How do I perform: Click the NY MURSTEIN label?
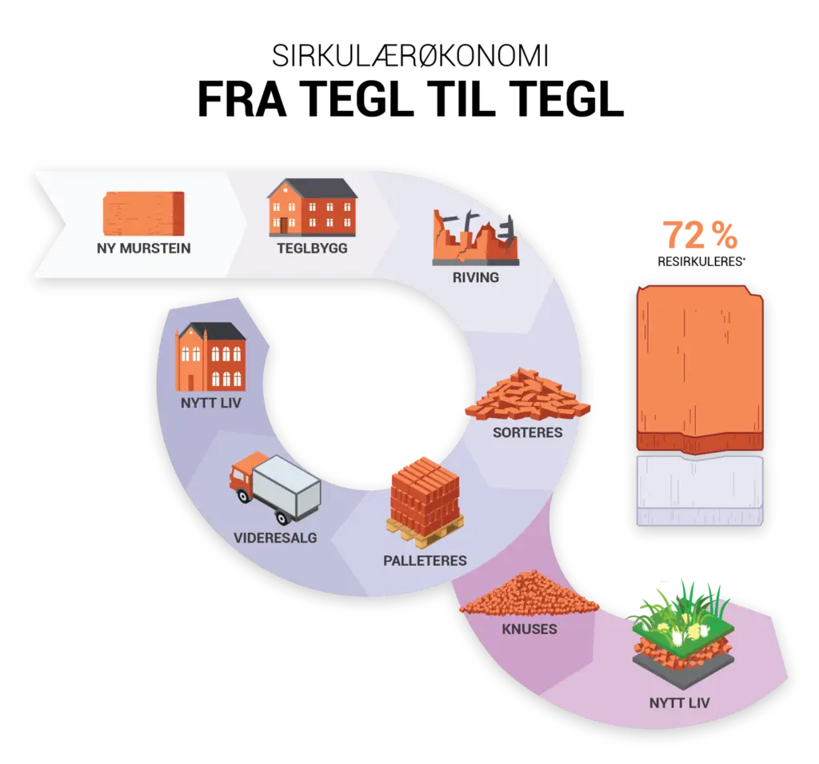pos(144,249)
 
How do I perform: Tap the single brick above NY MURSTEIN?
pos(144,213)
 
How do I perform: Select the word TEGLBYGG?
pos(312,249)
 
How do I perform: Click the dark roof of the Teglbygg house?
pos(313,188)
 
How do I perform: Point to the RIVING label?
pos(475,277)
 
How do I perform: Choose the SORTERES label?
pos(527,432)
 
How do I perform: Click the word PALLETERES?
pos(425,560)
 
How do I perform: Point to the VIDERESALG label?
pos(275,537)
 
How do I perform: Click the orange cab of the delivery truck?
pos(242,477)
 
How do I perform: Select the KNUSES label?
pos(529,629)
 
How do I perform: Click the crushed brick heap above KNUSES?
pos(529,596)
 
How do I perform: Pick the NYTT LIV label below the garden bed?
pos(679,703)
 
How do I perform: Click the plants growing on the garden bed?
pos(680,611)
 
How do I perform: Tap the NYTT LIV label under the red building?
pos(210,403)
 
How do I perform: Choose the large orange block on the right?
pos(700,368)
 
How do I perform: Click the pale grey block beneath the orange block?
pos(700,491)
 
